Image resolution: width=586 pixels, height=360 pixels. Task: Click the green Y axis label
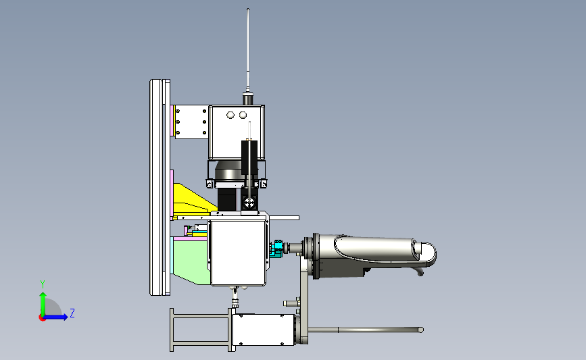coord(43,284)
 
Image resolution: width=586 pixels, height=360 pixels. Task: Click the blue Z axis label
coord(72,313)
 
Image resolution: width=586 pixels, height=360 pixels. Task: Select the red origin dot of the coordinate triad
coord(42,318)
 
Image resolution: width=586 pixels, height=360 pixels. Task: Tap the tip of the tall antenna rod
coord(248,9)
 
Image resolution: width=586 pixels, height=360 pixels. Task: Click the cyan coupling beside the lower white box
coord(277,249)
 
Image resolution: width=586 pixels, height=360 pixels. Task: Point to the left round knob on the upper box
coord(230,115)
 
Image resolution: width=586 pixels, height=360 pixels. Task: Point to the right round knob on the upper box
coord(243,115)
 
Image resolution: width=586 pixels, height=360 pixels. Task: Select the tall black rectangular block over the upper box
coord(249,157)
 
